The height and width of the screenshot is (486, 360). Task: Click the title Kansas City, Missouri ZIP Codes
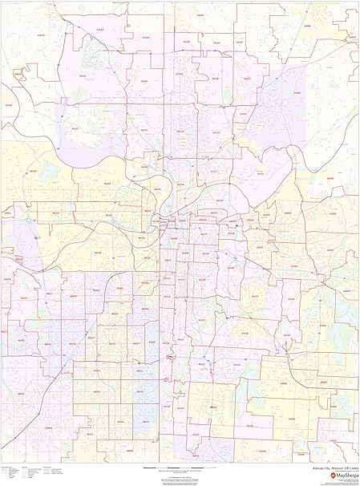pos(330,466)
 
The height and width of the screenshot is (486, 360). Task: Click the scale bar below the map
pos(173,466)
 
